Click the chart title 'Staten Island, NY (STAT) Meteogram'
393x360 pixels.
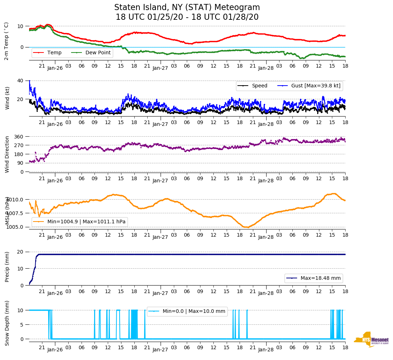(187, 8)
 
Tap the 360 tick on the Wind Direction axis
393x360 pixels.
(19, 137)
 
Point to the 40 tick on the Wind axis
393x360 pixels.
(20, 81)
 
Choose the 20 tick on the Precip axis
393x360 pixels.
(20, 252)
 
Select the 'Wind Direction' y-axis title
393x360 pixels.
(7, 154)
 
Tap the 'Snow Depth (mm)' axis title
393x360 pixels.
(7, 323)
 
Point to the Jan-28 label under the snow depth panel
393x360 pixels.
(266, 350)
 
